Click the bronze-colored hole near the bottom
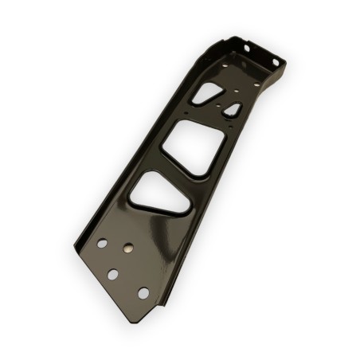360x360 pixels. click(125, 249)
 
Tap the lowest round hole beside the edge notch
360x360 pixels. click(143, 293)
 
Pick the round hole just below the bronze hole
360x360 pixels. click(113, 274)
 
